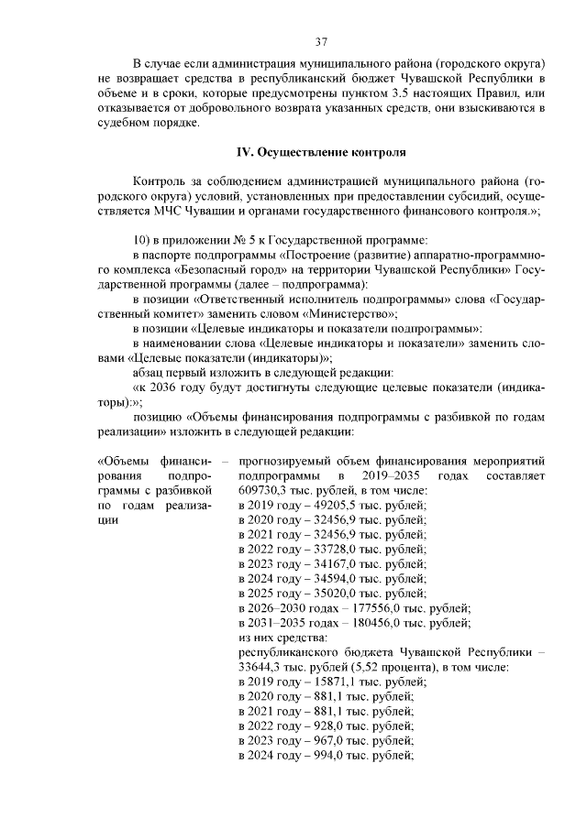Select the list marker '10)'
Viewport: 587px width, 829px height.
142,239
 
